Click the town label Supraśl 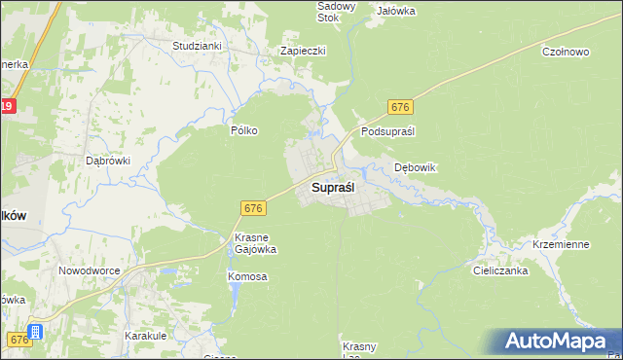[333, 186]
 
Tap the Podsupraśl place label [388, 131]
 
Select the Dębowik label [416, 167]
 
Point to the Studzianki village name [198, 46]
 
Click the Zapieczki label [303, 51]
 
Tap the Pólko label [243, 129]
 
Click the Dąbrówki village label [108, 161]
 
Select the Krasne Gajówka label [256, 243]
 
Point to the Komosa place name [247, 276]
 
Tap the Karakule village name [144, 335]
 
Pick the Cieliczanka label [501, 270]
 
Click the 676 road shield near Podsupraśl [401, 106]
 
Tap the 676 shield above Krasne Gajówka [253, 208]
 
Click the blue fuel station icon [36, 333]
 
